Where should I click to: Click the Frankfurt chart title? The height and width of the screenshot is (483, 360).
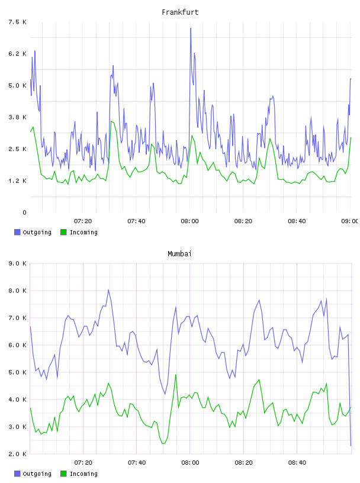[x=180, y=12]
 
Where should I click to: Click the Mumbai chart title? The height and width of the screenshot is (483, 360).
[x=179, y=254]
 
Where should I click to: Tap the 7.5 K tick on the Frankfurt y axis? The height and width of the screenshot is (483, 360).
[x=17, y=22]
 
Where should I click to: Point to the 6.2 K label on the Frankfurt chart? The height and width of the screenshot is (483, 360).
[x=17, y=54]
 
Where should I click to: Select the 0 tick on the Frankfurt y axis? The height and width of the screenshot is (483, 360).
[x=24, y=212]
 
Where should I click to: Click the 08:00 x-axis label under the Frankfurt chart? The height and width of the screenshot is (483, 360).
[x=190, y=221]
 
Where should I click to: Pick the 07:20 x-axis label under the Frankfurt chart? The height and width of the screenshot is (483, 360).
[x=83, y=221]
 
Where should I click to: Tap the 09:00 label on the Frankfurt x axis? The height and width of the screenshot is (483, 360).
[x=350, y=221]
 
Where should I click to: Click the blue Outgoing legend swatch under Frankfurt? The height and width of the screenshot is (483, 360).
[x=17, y=232]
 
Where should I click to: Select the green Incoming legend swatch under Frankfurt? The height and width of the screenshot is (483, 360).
[x=63, y=232]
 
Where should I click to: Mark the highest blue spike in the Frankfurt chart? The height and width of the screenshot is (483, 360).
[x=191, y=28]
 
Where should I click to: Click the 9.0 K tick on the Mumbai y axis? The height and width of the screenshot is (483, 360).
[x=17, y=263]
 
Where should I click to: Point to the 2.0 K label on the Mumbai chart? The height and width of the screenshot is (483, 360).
[x=17, y=454]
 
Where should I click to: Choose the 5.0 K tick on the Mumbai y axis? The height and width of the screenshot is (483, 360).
[x=17, y=372]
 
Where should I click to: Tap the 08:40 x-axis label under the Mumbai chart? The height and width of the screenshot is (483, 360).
[x=297, y=463]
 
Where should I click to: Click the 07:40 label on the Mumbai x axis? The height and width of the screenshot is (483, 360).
[x=137, y=463]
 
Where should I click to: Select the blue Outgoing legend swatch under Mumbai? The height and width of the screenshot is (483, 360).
[x=17, y=474]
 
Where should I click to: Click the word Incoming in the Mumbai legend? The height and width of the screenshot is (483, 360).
[x=83, y=474]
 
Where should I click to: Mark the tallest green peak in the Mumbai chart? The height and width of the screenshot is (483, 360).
[x=176, y=375]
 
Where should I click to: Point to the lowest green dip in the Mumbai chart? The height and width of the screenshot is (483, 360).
[x=163, y=443]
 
